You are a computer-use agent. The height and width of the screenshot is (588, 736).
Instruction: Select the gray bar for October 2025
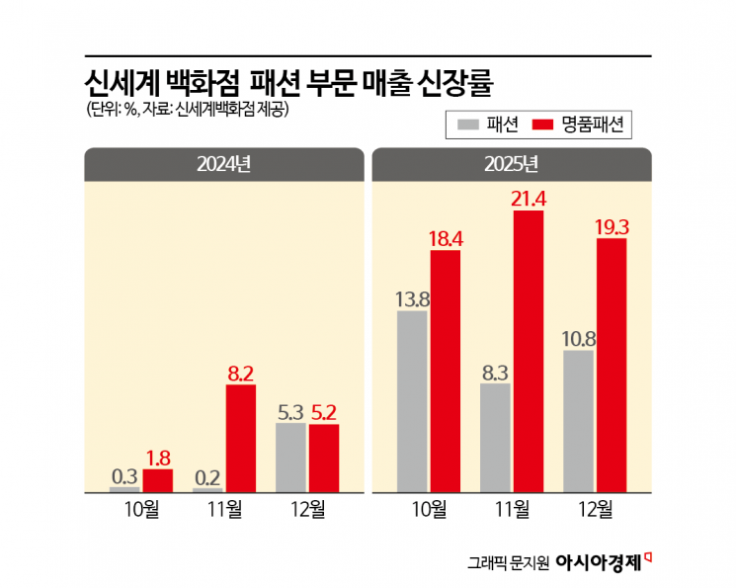(x=412, y=401)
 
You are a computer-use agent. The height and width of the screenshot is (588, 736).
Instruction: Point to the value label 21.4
(x=529, y=198)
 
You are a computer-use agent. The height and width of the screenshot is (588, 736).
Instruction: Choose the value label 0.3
(x=124, y=474)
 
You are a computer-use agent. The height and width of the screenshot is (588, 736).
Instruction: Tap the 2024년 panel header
(x=224, y=163)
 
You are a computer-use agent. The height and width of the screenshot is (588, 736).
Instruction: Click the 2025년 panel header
(x=512, y=163)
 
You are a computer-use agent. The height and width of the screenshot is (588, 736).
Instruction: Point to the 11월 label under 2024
(x=224, y=509)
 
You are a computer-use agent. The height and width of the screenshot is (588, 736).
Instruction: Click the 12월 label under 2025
(x=595, y=509)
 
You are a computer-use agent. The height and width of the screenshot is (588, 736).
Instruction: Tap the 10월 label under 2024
(x=141, y=509)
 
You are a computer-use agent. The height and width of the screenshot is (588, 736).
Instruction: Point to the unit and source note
(x=186, y=109)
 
